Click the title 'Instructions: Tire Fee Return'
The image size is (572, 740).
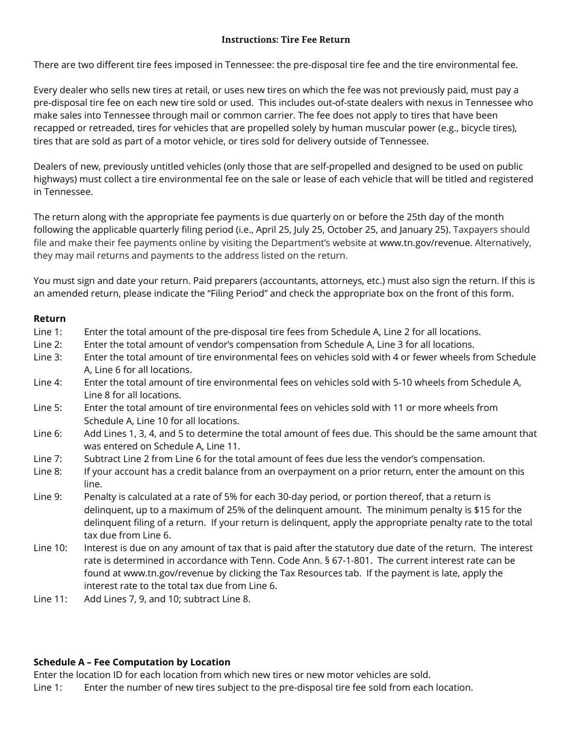click(x=285, y=40)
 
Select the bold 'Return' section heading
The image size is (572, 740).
click(x=49, y=319)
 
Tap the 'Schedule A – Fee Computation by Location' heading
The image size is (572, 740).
click(x=132, y=662)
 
